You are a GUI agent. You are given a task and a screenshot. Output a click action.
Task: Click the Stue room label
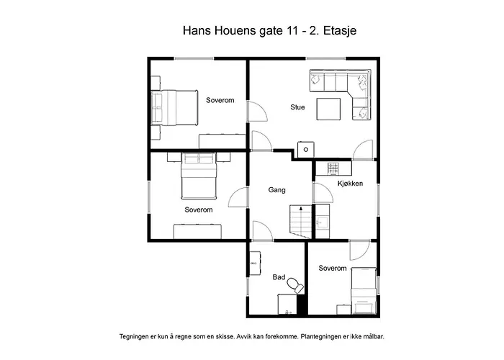[297, 107]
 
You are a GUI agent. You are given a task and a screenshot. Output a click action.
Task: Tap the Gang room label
[276, 190]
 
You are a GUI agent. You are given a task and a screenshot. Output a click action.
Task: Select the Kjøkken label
[350, 184]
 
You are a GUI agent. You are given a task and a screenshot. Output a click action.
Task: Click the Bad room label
[279, 277]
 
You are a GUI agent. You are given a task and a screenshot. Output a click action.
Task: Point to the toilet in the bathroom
[295, 285]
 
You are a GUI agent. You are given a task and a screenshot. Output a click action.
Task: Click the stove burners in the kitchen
[332, 168]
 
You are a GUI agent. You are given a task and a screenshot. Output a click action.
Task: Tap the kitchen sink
[322, 222]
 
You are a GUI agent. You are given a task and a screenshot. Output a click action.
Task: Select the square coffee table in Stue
[328, 109]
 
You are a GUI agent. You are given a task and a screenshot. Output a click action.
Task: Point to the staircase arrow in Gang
[301, 209]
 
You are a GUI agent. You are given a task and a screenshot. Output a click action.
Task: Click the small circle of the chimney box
[306, 150]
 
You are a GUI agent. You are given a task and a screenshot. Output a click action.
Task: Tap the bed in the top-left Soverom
[174, 108]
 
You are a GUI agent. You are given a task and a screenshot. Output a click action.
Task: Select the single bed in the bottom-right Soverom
[363, 291]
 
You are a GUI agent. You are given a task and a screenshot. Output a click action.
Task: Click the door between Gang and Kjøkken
[323, 193]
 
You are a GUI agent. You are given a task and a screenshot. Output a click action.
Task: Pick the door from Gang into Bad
[263, 231]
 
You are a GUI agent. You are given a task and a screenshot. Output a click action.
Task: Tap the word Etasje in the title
[340, 31]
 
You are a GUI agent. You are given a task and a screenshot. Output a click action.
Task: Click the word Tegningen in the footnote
[134, 337]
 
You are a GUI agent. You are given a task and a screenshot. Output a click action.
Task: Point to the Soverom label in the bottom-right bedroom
[333, 269]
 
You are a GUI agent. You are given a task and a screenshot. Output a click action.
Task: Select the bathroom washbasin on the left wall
[255, 263]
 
